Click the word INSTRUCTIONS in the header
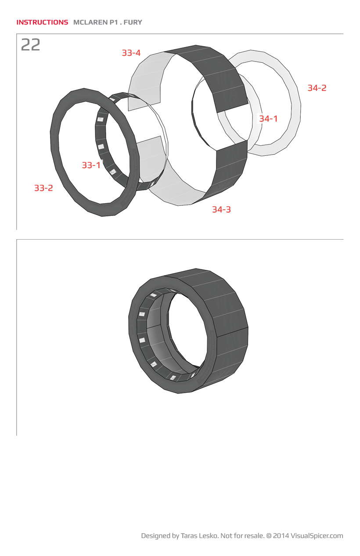click(x=42, y=22)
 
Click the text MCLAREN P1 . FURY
click(x=108, y=22)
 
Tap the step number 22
click(x=31, y=45)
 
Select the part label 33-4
click(x=131, y=53)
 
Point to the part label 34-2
click(x=317, y=88)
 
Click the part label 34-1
click(x=268, y=118)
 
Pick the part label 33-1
click(x=91, y=165)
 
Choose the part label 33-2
click(x=44, y=188)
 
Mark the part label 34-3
click(x=221, y=209)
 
